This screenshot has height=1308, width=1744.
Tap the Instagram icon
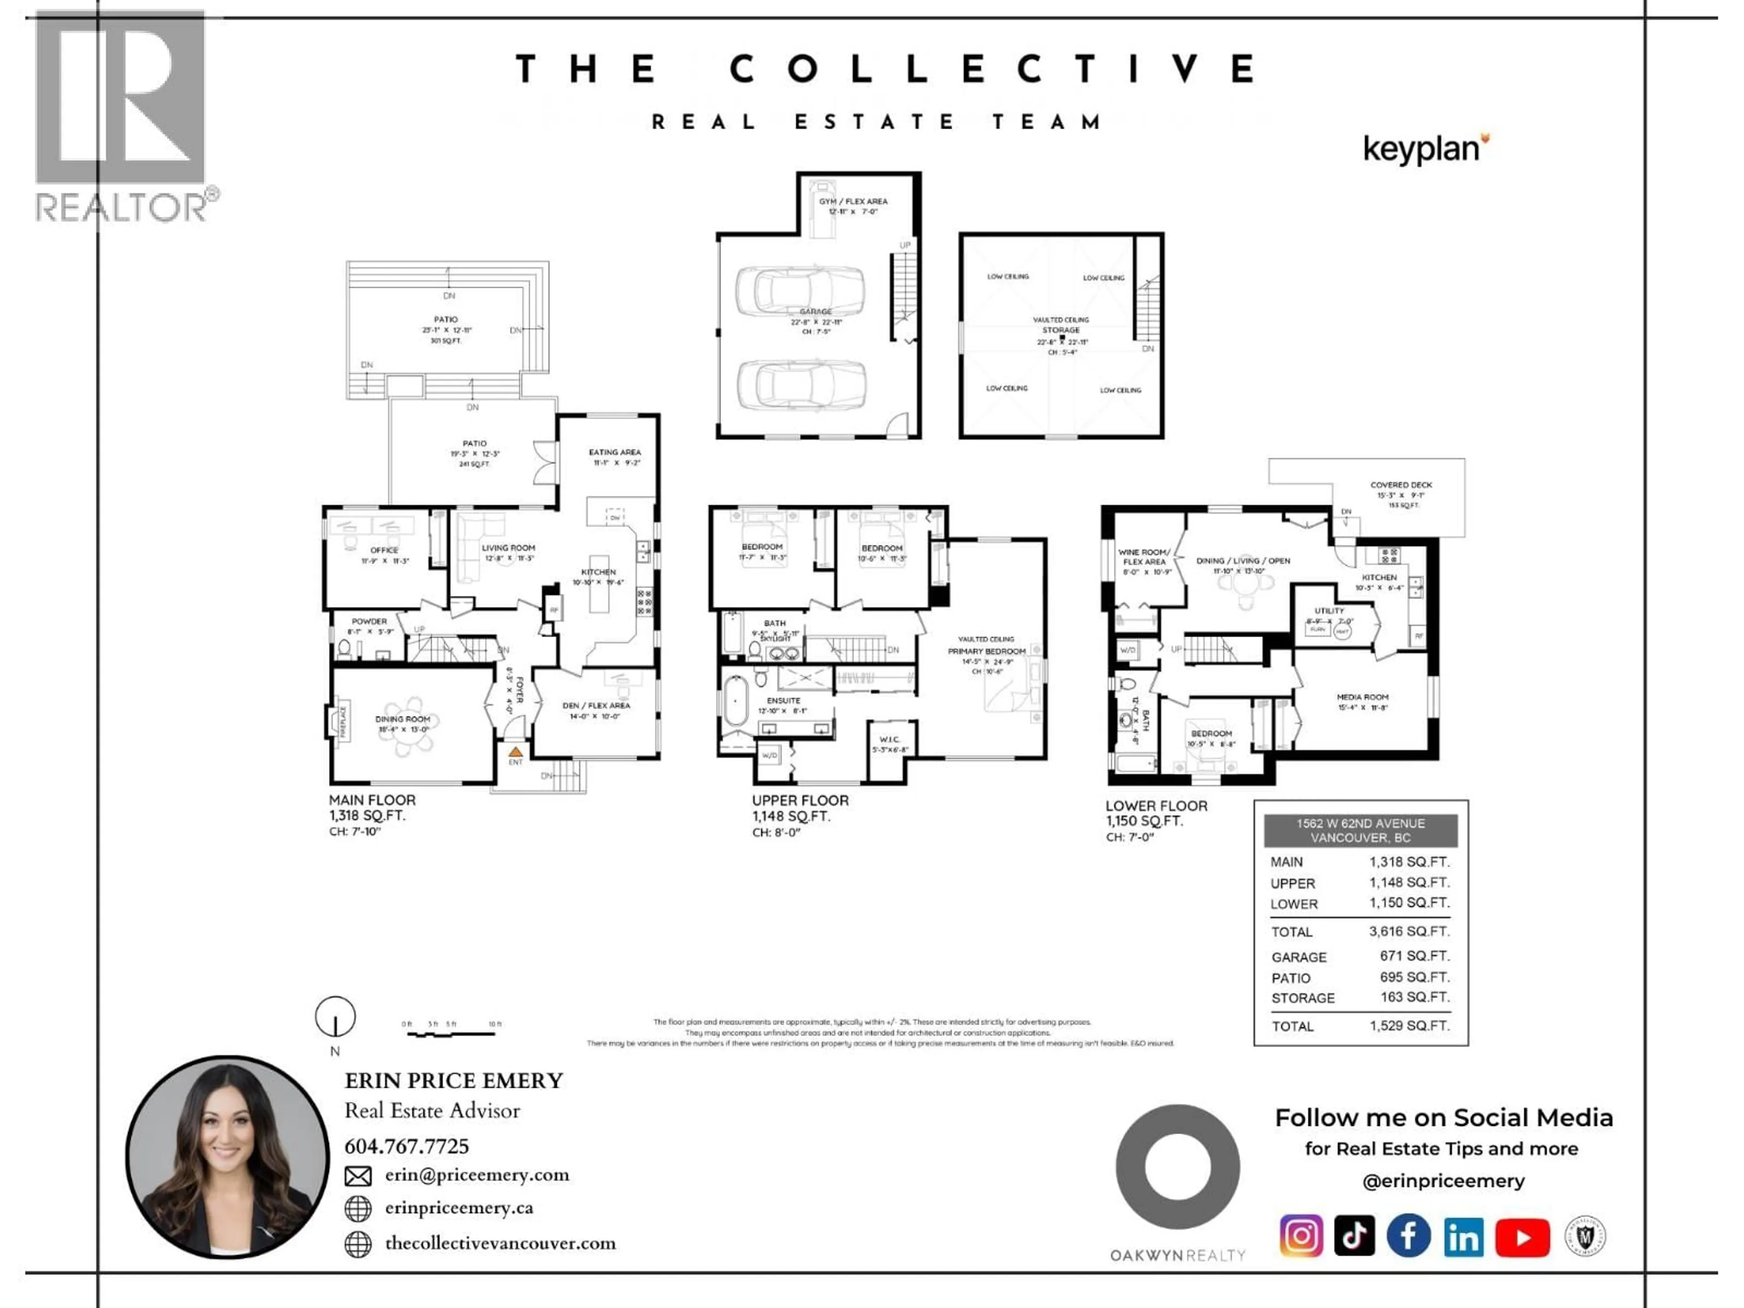coord(1301,1235)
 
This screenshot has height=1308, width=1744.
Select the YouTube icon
coord(1522,1238)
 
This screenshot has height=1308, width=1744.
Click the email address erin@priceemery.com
coord(476,1175)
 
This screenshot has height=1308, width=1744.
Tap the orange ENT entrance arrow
coord(515,752)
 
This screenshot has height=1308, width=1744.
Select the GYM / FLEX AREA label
coord(852,202)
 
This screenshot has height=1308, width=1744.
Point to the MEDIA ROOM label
coord(1362,697)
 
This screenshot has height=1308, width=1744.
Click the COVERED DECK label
coord(1401,485)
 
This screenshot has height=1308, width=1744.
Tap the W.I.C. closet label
coord(889,739)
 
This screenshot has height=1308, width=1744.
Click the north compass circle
coord(335,1016)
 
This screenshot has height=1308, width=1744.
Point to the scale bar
coord(451,1032)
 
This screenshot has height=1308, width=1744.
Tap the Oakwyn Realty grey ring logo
coord(1177,1166)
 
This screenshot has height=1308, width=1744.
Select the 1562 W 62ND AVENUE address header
coord(1360,830)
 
